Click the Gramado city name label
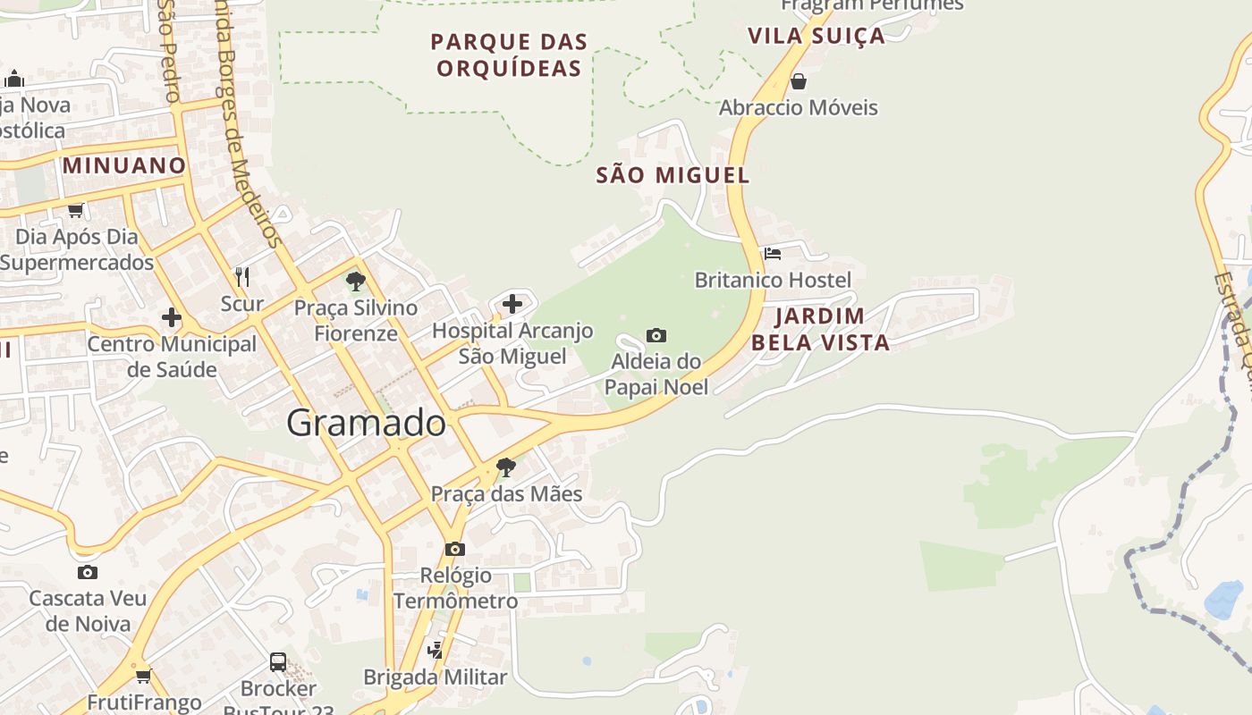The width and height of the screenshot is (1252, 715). point(367,423)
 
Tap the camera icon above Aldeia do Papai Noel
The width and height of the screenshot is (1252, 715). point(656,336)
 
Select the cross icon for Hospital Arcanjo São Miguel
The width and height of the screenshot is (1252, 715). point(512,304)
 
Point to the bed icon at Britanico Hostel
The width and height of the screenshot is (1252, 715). point(773,254)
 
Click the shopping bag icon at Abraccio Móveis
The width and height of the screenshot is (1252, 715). point(799,82)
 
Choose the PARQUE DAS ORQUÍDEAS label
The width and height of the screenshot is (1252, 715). point(509,55)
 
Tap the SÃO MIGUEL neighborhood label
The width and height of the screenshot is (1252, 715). point(673,175)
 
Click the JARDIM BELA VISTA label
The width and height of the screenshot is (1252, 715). point(820,329)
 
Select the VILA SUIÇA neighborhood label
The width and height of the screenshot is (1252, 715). point(816,36)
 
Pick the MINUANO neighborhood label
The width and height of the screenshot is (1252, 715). point(123,165)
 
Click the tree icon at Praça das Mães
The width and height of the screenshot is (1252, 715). point(506,467)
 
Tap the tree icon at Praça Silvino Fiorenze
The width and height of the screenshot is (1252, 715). point(356,282)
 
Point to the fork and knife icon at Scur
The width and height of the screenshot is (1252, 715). point(241,276)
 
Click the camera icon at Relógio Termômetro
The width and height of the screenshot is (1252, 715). point(455,549)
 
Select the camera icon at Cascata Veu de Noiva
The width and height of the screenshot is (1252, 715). point(87,572)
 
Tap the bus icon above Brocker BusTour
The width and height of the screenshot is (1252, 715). point(278,662)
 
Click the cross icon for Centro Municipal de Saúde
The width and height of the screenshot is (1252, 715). point(171,317)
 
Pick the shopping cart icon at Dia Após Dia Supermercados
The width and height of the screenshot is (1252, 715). point(76,211)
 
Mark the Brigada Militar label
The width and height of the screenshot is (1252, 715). point(435,677)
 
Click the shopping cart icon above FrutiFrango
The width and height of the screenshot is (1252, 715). point(143,676)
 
